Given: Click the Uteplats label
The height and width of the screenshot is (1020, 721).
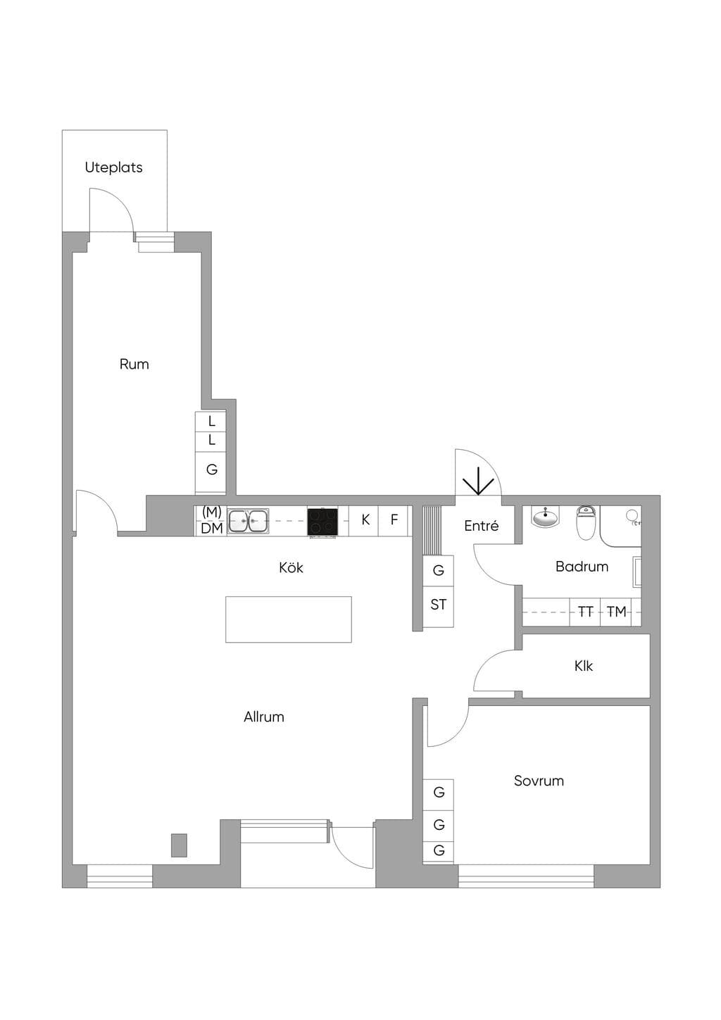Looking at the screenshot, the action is (x=113, y=168).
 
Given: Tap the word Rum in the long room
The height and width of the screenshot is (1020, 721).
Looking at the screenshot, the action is (x=134, y=365).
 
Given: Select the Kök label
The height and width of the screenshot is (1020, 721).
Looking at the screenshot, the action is (x=291, y=567).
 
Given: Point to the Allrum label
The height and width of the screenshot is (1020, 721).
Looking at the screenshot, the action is (x=264, y=717).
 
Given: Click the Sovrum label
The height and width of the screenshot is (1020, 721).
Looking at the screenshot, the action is (x=539, y=781).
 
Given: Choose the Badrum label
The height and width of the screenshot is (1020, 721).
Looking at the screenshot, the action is (x=582, y=567).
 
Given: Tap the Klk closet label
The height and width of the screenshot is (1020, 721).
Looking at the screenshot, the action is (x=584, y=666).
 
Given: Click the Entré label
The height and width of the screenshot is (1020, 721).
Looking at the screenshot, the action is (x=481, y=526).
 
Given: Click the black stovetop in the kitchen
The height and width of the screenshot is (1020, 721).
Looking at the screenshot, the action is (x=322, y=522).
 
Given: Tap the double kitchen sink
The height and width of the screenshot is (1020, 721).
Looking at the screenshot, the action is (x=248, y=522).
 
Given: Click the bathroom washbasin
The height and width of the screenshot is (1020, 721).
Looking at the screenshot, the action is (x=546, y=519).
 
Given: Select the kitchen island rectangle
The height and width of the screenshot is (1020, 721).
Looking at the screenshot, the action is (x=288, y=619).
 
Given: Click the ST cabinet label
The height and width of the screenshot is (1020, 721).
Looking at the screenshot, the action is (x=438, y=604).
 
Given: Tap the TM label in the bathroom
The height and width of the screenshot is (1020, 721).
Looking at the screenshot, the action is (x=616, y=612).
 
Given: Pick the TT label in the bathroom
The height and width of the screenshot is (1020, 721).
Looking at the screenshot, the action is (x=585, y=612).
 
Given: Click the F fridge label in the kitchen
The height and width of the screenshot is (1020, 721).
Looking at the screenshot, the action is (x=394, y=519).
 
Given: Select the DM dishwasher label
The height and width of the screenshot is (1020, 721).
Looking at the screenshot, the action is (x=212, y=528).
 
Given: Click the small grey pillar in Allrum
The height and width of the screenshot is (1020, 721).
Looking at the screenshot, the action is (x=179, y=845).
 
